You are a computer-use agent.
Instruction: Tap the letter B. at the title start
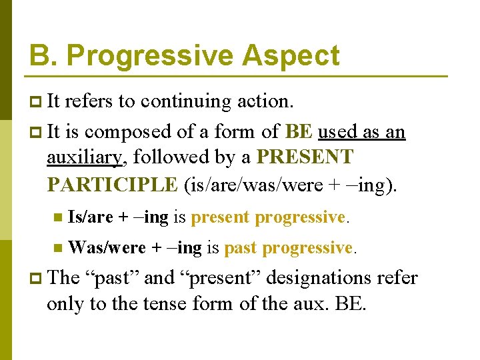pyautogui.click(x=42, y=55)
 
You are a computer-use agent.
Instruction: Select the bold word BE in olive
pyautogui.click(x=299, y=131)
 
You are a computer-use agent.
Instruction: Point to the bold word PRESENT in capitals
pyautogui.click(x=305, y=158)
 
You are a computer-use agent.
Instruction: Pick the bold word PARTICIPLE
pyautogui.click(x=112, y=184)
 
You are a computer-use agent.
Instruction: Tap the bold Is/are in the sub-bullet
pyautogui.click(x=91, y=217)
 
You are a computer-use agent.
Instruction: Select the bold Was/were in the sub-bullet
pyautogui.click(x=107, y=248)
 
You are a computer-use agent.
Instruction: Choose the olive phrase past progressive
pyautogui.click(x=288, y=248)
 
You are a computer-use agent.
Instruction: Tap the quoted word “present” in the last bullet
pyautogui.click(x=214, y=277)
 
